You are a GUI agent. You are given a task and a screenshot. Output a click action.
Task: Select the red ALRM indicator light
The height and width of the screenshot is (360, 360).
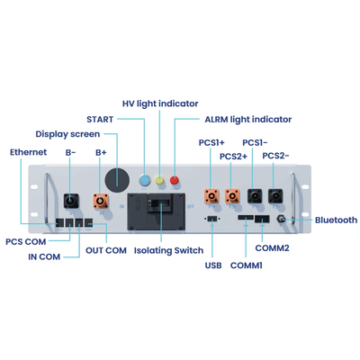click(175, 181)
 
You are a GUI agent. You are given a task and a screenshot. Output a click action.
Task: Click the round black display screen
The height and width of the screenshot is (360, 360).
click(114, 176)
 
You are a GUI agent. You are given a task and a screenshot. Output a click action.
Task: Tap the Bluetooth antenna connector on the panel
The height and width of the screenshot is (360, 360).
click(283, 219)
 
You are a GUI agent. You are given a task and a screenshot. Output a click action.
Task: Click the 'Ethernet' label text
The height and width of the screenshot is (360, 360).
click(28, 152)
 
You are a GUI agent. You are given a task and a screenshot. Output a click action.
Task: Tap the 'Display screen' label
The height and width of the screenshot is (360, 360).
click(67, 134)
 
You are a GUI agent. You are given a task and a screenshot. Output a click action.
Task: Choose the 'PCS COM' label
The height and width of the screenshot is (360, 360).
click(26, 241)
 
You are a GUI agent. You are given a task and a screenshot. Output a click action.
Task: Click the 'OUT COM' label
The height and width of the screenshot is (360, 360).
click(105, 251)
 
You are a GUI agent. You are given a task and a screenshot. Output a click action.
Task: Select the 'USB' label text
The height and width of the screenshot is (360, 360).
click(213, 265)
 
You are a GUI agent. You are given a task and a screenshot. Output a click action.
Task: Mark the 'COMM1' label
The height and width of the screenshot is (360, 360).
click(247, 265)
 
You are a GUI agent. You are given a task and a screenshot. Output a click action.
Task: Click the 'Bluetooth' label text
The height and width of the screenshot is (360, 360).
click(336, 220)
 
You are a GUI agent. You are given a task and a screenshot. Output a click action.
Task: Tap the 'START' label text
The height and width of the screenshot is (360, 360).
click(100, 118)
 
